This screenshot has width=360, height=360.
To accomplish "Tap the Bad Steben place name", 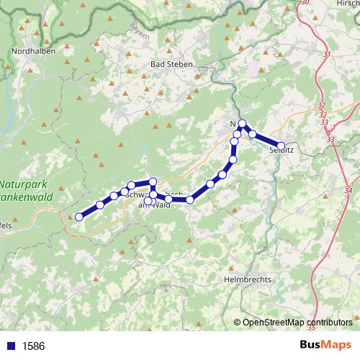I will point(171,64).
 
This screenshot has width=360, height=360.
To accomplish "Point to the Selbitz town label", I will point(281,151).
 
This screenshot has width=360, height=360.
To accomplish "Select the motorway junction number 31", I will point(328,55).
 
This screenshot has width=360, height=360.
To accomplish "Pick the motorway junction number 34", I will point(348,189).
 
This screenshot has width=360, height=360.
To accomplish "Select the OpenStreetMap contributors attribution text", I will point(297,323).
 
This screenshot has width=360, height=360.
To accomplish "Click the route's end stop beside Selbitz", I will point(282,145).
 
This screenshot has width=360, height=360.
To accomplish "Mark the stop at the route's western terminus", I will point(78,217).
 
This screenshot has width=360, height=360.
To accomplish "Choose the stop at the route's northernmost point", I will point(243,124).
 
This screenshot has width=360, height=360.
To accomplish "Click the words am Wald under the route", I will point(153,205).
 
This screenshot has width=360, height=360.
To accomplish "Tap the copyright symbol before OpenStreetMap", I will point(238,323).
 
